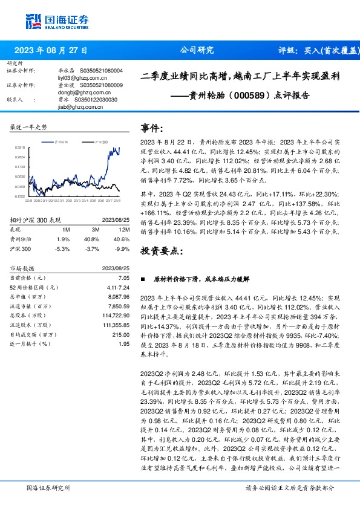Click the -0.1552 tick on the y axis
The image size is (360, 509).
tap(21, 196)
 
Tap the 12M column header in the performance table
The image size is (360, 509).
tap(124, 230)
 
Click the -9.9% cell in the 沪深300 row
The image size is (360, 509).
tap(123, 248)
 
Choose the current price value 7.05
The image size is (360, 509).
tap(125, 277)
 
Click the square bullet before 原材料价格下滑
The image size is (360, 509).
tap(142, 280)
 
